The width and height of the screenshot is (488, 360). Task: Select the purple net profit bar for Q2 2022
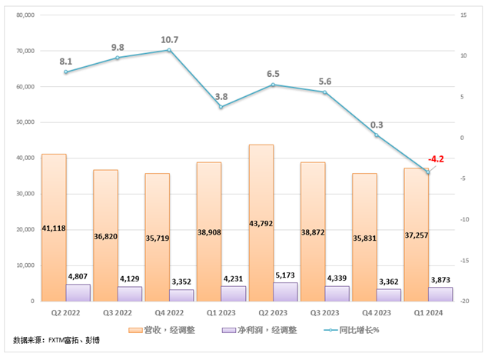78,292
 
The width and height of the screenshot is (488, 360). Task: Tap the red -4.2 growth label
436,159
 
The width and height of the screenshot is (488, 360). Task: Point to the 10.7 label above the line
169,39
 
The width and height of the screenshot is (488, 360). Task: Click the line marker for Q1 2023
221,106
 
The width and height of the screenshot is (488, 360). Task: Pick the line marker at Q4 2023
377,135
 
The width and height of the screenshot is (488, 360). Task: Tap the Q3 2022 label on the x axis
118,313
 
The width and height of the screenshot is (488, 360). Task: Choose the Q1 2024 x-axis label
429,313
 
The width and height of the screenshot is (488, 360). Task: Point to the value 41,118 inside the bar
53,228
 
